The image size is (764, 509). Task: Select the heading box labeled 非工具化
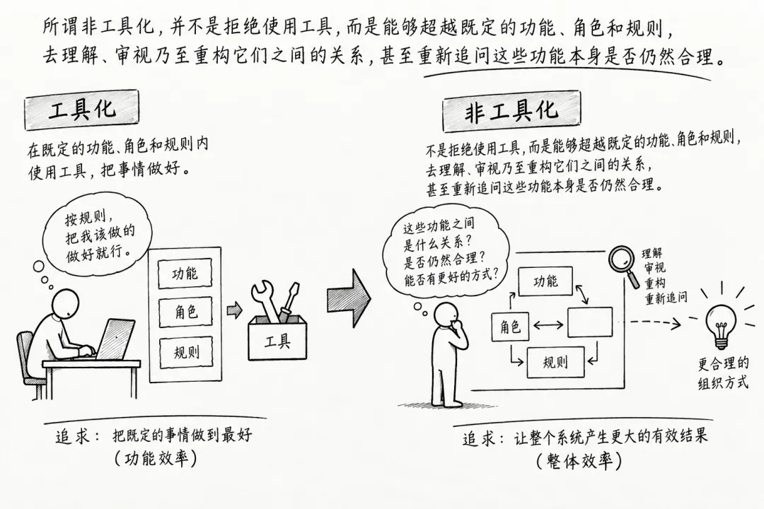tap(511, 112)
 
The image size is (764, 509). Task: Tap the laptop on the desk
tap(115, 339)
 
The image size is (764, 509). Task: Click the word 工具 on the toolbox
tap(277, 341)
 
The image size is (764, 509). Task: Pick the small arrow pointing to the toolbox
tap(234, 310)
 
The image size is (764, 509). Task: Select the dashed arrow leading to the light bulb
tap(655, 322)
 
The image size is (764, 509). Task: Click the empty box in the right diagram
tap(589, 322)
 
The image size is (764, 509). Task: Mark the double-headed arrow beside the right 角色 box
tap(549, 324)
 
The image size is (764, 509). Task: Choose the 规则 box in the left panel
tap(186, 351)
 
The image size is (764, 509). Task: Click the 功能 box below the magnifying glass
tap(545, 281)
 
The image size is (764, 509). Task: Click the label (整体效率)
tap(579, 460)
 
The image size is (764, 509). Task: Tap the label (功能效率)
tap(156, 458)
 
